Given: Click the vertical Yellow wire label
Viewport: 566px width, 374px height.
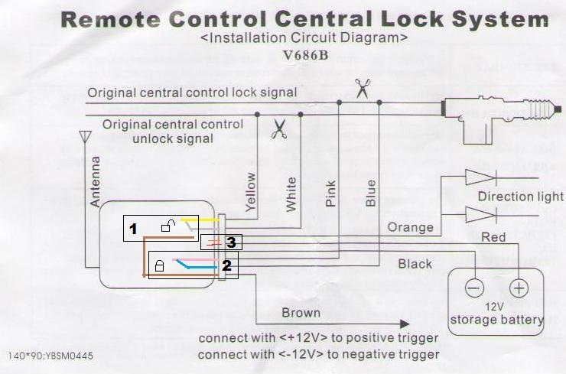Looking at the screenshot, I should coord(250,191).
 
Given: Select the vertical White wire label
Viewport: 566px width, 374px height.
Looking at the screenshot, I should coord(291,195).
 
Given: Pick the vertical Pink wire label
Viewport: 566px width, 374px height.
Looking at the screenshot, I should coord(330,195).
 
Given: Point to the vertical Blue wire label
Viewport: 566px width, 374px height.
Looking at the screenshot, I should coord(371,194).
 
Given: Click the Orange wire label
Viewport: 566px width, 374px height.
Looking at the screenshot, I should coord(411,227).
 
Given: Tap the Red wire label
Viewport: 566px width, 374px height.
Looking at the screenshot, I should coord(493,238).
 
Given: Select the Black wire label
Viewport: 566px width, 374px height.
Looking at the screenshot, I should coord(415,264).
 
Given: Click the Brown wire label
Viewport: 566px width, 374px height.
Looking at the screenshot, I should coord(301,313).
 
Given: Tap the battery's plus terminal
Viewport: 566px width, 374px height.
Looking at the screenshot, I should coord(519,288).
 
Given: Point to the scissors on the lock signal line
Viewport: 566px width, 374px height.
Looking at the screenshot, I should coord(361,88).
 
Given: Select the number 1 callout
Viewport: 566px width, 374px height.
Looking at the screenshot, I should coord(132,229).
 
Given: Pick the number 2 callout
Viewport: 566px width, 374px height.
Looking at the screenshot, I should coord(226,266).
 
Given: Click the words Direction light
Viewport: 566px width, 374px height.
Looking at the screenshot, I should coord(520,197).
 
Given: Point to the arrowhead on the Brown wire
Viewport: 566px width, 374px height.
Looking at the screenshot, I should coord(402,324).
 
